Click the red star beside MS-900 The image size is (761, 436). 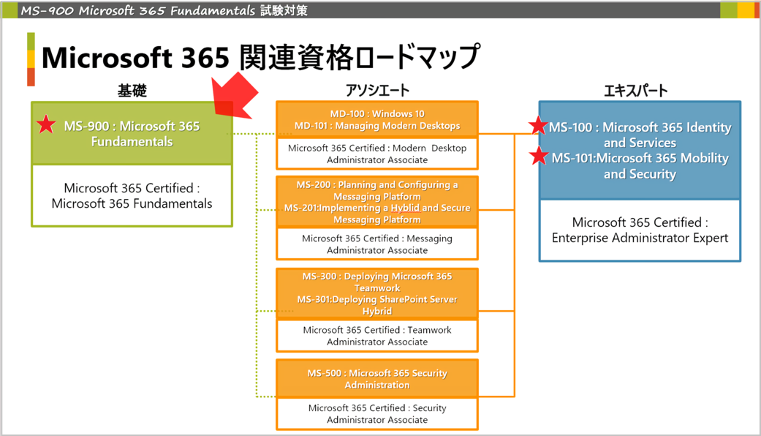[47, 125]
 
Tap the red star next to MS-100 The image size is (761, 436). [539, 126]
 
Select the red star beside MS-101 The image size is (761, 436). [539, 156]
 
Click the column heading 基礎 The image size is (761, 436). [132, 91]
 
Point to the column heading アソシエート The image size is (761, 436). [377, 91]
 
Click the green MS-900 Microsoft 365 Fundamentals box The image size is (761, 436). [132, 133]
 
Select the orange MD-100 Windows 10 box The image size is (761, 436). [377, 119]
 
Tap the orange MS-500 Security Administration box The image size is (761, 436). [377, 378]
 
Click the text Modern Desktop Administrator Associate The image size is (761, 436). [377, 154]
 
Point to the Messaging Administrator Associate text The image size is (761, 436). [377, 244]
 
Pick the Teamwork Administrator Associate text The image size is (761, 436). [377, 336]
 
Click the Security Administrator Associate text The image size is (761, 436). [377, 413]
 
